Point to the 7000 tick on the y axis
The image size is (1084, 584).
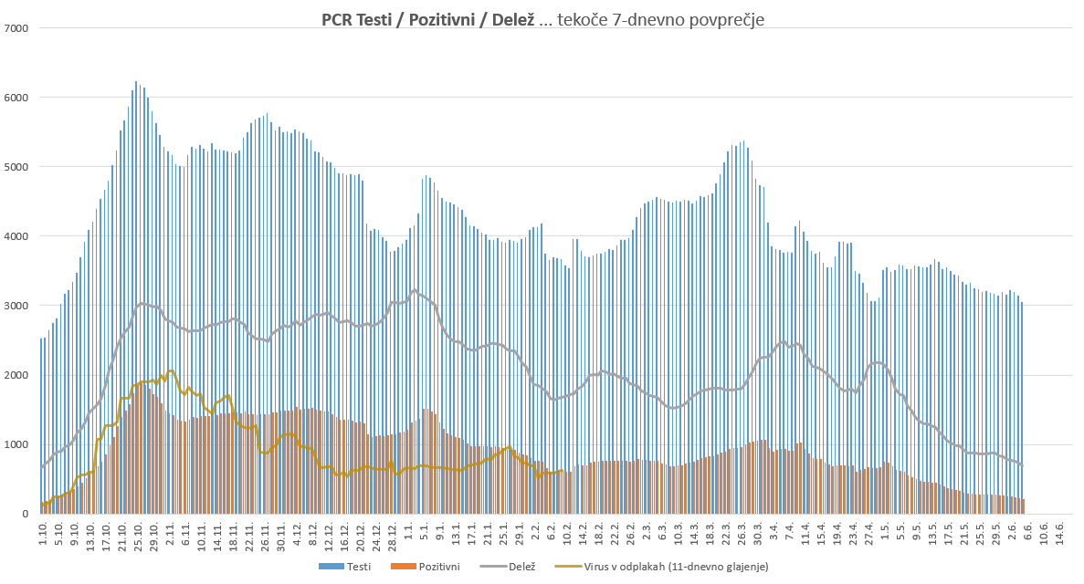tap(17, 28)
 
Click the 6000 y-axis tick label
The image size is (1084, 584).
tap(17, 98)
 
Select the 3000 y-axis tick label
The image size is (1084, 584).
tap(17, 306)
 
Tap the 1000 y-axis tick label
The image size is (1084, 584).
tap(17, 444)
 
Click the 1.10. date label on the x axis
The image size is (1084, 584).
tap(43, 533)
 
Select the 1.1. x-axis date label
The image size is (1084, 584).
tap(409, 530)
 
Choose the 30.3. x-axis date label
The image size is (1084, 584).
tap(757, 533)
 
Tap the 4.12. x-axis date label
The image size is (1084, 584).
tap(297, 533)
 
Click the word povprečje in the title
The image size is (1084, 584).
tap(718, 19)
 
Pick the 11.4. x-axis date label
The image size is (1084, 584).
tap(805, 533)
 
